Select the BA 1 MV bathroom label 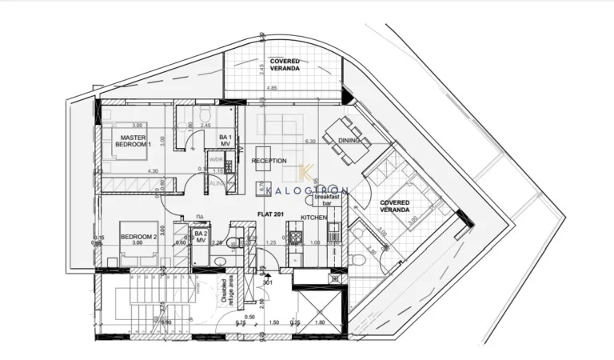pyautogui.click(x=225, y=141)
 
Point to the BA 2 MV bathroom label pyautogui.click(x=201, y=237)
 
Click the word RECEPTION pyautogui.click(x=269, y=161)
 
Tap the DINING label pyautogui.click(x=350, y=141)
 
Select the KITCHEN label pyautogui.click(x=314, y=218)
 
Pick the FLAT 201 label pyautogui.click(x=271, y=214)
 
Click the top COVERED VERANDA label pyautogui.click(x=285, y=65)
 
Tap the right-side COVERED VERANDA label pyautogui.click(x=394, y=206)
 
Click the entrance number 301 pyautogui.click(x=268, y=282)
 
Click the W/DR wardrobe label pyautogui.click(x=216, y=159)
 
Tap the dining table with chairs pyautogui.click(x=345, y=134)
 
